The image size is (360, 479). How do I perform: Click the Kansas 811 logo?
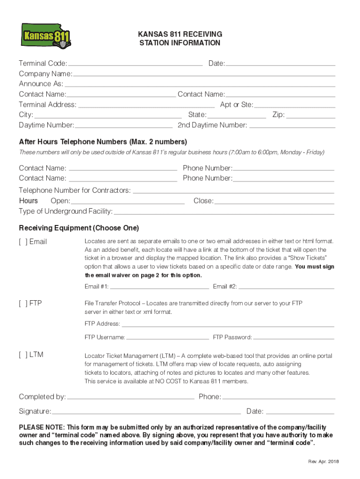coord(46,36)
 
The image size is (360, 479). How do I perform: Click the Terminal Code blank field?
coord(135,64)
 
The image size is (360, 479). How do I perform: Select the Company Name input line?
coord(204,74)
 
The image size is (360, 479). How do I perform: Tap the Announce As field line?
coord(200,85)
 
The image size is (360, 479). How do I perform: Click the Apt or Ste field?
coord(295,105)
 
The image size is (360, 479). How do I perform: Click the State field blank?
coord(237,116)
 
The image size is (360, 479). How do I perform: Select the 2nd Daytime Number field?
coord(292,126)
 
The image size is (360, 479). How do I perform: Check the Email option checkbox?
coord(22,242)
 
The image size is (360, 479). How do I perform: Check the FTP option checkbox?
coord(22,303)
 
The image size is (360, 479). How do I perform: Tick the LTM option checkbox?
coord(22,355)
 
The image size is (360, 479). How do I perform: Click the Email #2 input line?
coord(287,287)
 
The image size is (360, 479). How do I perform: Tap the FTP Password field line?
coord(294,337)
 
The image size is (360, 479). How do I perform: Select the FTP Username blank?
coord(167,337)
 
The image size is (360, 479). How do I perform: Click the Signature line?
coord(146,412)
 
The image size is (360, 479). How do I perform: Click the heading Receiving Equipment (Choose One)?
coord(79,228)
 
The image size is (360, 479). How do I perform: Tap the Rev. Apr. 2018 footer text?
coord(324,462)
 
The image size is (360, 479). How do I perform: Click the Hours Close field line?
coord(274,202)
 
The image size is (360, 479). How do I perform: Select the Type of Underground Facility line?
coord(224,212)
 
